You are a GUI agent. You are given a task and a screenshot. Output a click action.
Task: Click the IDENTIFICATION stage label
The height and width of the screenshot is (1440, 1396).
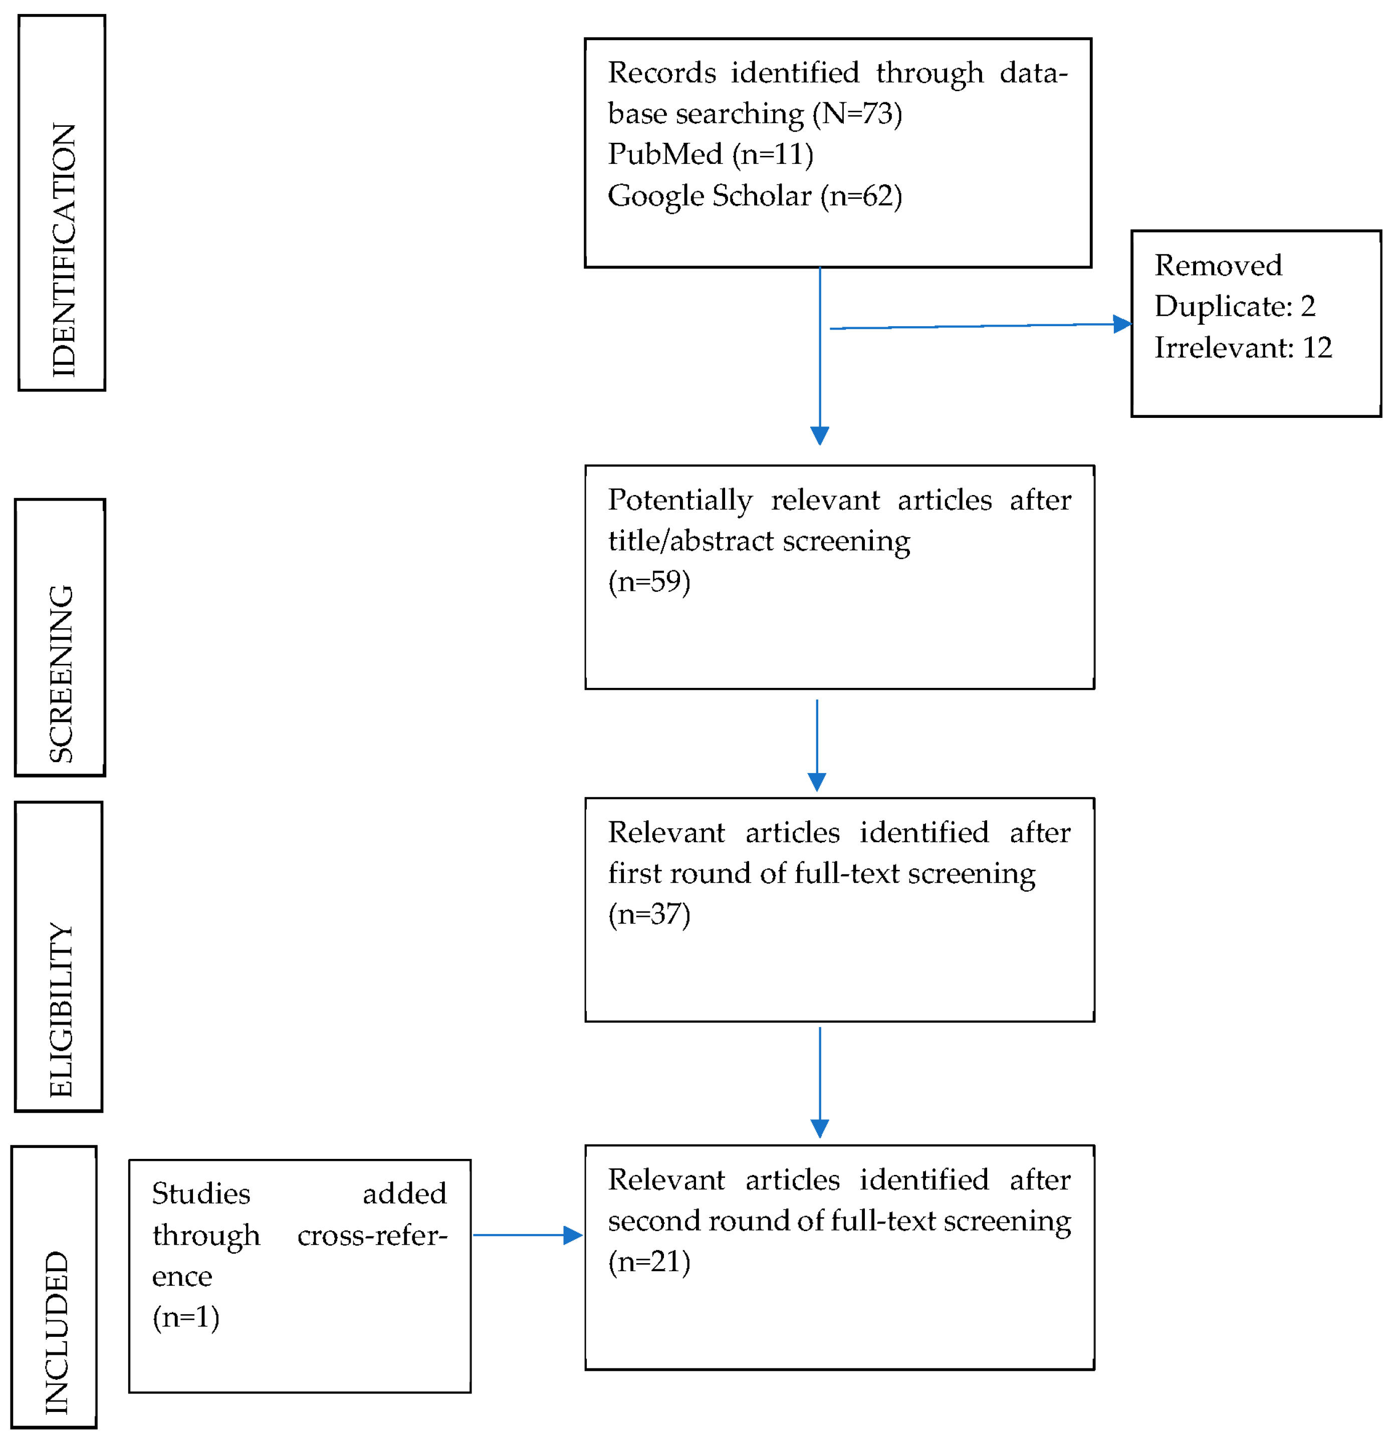coord(63,250)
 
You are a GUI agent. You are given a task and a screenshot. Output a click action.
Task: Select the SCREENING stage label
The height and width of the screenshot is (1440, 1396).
coord(61,674)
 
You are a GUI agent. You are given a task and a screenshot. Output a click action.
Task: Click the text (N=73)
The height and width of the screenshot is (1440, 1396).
coord(857,113)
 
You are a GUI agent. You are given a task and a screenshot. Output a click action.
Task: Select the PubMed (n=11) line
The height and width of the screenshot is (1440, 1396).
coord(711,154)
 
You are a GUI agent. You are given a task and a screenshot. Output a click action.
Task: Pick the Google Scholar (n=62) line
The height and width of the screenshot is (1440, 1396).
coord(755,195)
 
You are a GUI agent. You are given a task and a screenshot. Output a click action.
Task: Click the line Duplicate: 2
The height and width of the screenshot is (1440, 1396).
coord(1234,306)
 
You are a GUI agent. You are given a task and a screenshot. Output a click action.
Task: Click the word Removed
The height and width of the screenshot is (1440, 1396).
coord(1218,265)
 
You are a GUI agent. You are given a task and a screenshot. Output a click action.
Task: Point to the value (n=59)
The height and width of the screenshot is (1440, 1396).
coord(649,581)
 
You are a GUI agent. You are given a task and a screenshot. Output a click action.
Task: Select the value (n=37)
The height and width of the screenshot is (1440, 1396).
coord(649,914)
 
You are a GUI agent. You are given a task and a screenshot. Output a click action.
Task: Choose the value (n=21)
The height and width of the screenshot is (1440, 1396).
coord(649,1262)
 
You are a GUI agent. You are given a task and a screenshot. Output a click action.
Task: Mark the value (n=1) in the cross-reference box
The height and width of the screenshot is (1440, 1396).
coord(186,1317)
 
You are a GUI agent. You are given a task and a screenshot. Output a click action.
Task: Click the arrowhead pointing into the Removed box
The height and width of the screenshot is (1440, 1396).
coord(1122,324)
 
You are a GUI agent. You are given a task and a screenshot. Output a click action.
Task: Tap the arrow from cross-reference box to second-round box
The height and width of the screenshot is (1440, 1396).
coord(528,1235)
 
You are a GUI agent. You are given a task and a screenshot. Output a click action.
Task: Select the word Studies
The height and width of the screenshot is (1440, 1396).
coord(200,1194)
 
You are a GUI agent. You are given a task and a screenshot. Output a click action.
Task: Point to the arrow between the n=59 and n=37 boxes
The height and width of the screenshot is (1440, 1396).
coord(817,745)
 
